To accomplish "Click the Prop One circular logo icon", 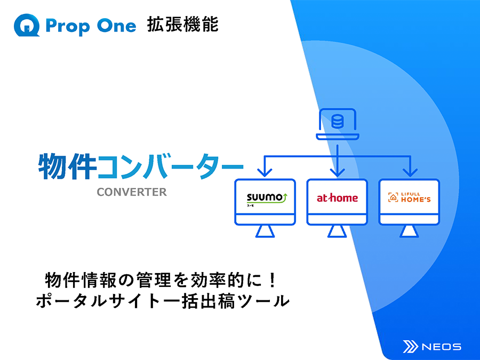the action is pyautogui.click(x=27, y=25).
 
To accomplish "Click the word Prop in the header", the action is pyautogui.click(x=68, y=26).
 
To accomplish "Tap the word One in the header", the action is pyautogui.click(x=116, y=26).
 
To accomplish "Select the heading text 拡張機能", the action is pyautogui.click(x=183, y=25).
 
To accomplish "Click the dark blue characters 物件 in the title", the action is pyautogui.click(x=67, y=166).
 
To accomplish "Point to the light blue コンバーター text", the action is pyautogui.click(x=170, y=167).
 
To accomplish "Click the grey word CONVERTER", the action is pyautogui.click(x=132, y=192).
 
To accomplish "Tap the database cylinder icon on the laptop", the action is pyautogui.click(x=338, y=121).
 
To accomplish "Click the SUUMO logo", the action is pyautogui.click(x=267, y=199).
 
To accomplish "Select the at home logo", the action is pyautogui.click(x=337, y=198).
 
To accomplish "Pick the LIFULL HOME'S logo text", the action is pyautogui.click(x=415, y=197).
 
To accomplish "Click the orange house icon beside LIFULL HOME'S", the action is pyautogui.click(x=393, y=197).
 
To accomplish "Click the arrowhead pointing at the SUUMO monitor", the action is pyautogui.click(x=265, y=173).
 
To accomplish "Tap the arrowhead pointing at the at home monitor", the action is pyautogui.click(x=338, y=173).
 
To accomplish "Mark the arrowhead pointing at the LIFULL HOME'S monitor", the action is pyautogui.click(x=410, y=173).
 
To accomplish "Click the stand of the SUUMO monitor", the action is pyautogui.click(x=265, y=232).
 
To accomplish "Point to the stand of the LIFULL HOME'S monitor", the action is pyautogui.click(x=409, y=232).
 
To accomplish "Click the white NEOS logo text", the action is pyautogui.click(x=442, y=347).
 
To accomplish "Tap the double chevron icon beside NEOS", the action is pyautogui.click(x=411, y=347).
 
